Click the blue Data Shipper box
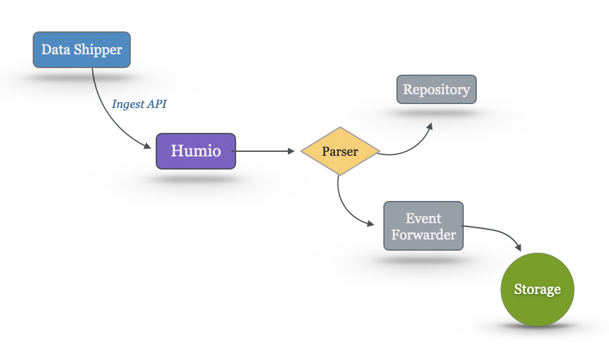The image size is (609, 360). point(82,49)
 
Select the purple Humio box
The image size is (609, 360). point(196,151)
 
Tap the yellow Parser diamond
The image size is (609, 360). point(340,151)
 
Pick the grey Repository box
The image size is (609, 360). point(436,89)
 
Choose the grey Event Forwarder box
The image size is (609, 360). point(423,226)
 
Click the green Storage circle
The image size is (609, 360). point(537,289)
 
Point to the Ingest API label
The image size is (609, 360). point(144,103)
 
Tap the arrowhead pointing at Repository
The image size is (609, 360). point(429,126)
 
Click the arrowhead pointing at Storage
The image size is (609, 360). point(518,247)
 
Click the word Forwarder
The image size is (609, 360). point(423,234)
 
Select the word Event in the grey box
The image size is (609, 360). point(423,218)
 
